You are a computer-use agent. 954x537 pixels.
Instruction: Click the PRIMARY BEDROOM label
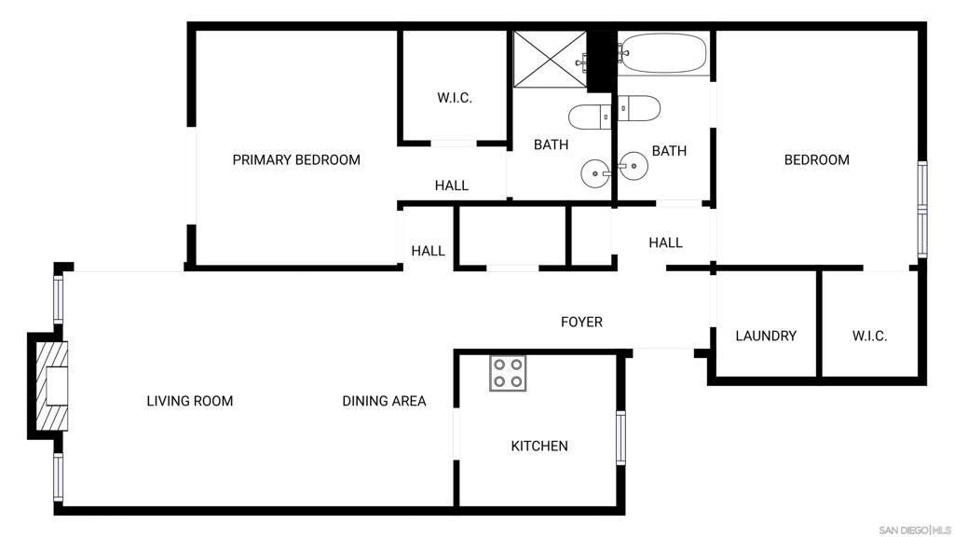[x=296, y=160]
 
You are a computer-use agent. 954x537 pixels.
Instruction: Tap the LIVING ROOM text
[x=190, y=402]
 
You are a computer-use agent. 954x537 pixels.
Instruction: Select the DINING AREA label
[x=384, y=402]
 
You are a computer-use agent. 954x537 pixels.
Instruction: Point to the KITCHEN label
[x=539, y=447]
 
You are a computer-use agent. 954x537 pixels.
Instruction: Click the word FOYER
[x=581, y=323]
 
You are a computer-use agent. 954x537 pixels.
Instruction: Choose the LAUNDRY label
[x=766, y=337]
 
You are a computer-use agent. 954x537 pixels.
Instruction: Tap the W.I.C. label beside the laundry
[x=869, y=337]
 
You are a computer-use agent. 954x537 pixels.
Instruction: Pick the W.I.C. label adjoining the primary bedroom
[x=456, y=98]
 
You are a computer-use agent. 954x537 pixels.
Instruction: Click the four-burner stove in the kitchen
[x=508, y=373]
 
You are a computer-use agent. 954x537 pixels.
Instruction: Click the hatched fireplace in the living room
[x=52, y=385]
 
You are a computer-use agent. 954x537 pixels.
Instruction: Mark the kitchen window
[x=621, y=437]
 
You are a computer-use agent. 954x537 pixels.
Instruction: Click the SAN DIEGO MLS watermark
[x=914, y=530]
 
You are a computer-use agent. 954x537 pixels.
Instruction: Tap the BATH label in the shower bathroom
[x=551, y=145]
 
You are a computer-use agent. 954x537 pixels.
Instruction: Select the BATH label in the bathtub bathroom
[x=669, y=151]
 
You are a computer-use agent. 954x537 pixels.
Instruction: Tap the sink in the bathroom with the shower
[x=595, y=172]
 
